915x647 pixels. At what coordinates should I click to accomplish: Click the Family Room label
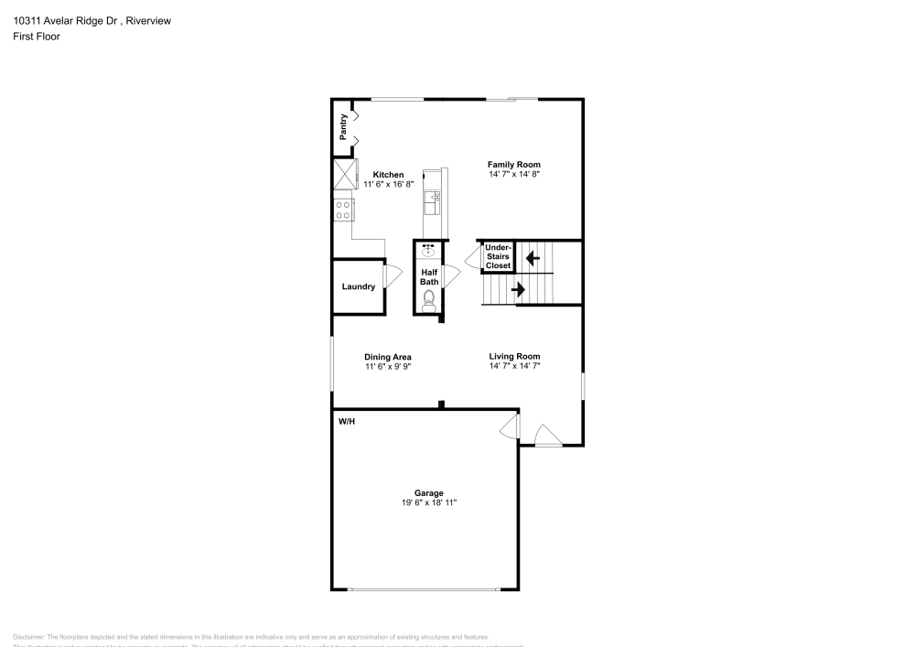(x=520, y=165)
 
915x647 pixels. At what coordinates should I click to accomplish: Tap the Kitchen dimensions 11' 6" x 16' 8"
(x=388, y=184)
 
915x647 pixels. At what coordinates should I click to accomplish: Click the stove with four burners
(x=344, y=210)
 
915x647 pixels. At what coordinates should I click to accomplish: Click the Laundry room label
(x=359, y=286)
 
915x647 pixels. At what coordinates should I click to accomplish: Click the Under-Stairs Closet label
(x=498, y=256)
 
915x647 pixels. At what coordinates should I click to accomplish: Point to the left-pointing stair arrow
(x=532, y=259)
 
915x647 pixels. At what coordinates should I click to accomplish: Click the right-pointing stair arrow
(x=517, y=290)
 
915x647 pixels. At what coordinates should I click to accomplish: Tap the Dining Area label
(x=388, y=357)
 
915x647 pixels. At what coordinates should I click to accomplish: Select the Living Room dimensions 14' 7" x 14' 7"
(x=514, y=366)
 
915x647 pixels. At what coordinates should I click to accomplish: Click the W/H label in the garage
(x=347, y=422)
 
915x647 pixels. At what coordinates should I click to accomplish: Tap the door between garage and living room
(x=511, y=425)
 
